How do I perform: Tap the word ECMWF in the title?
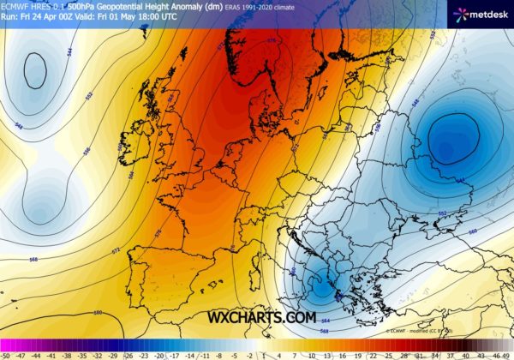coord(15,6)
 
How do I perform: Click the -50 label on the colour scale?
coord(5,354)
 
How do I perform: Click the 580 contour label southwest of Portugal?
coord(97,312)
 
